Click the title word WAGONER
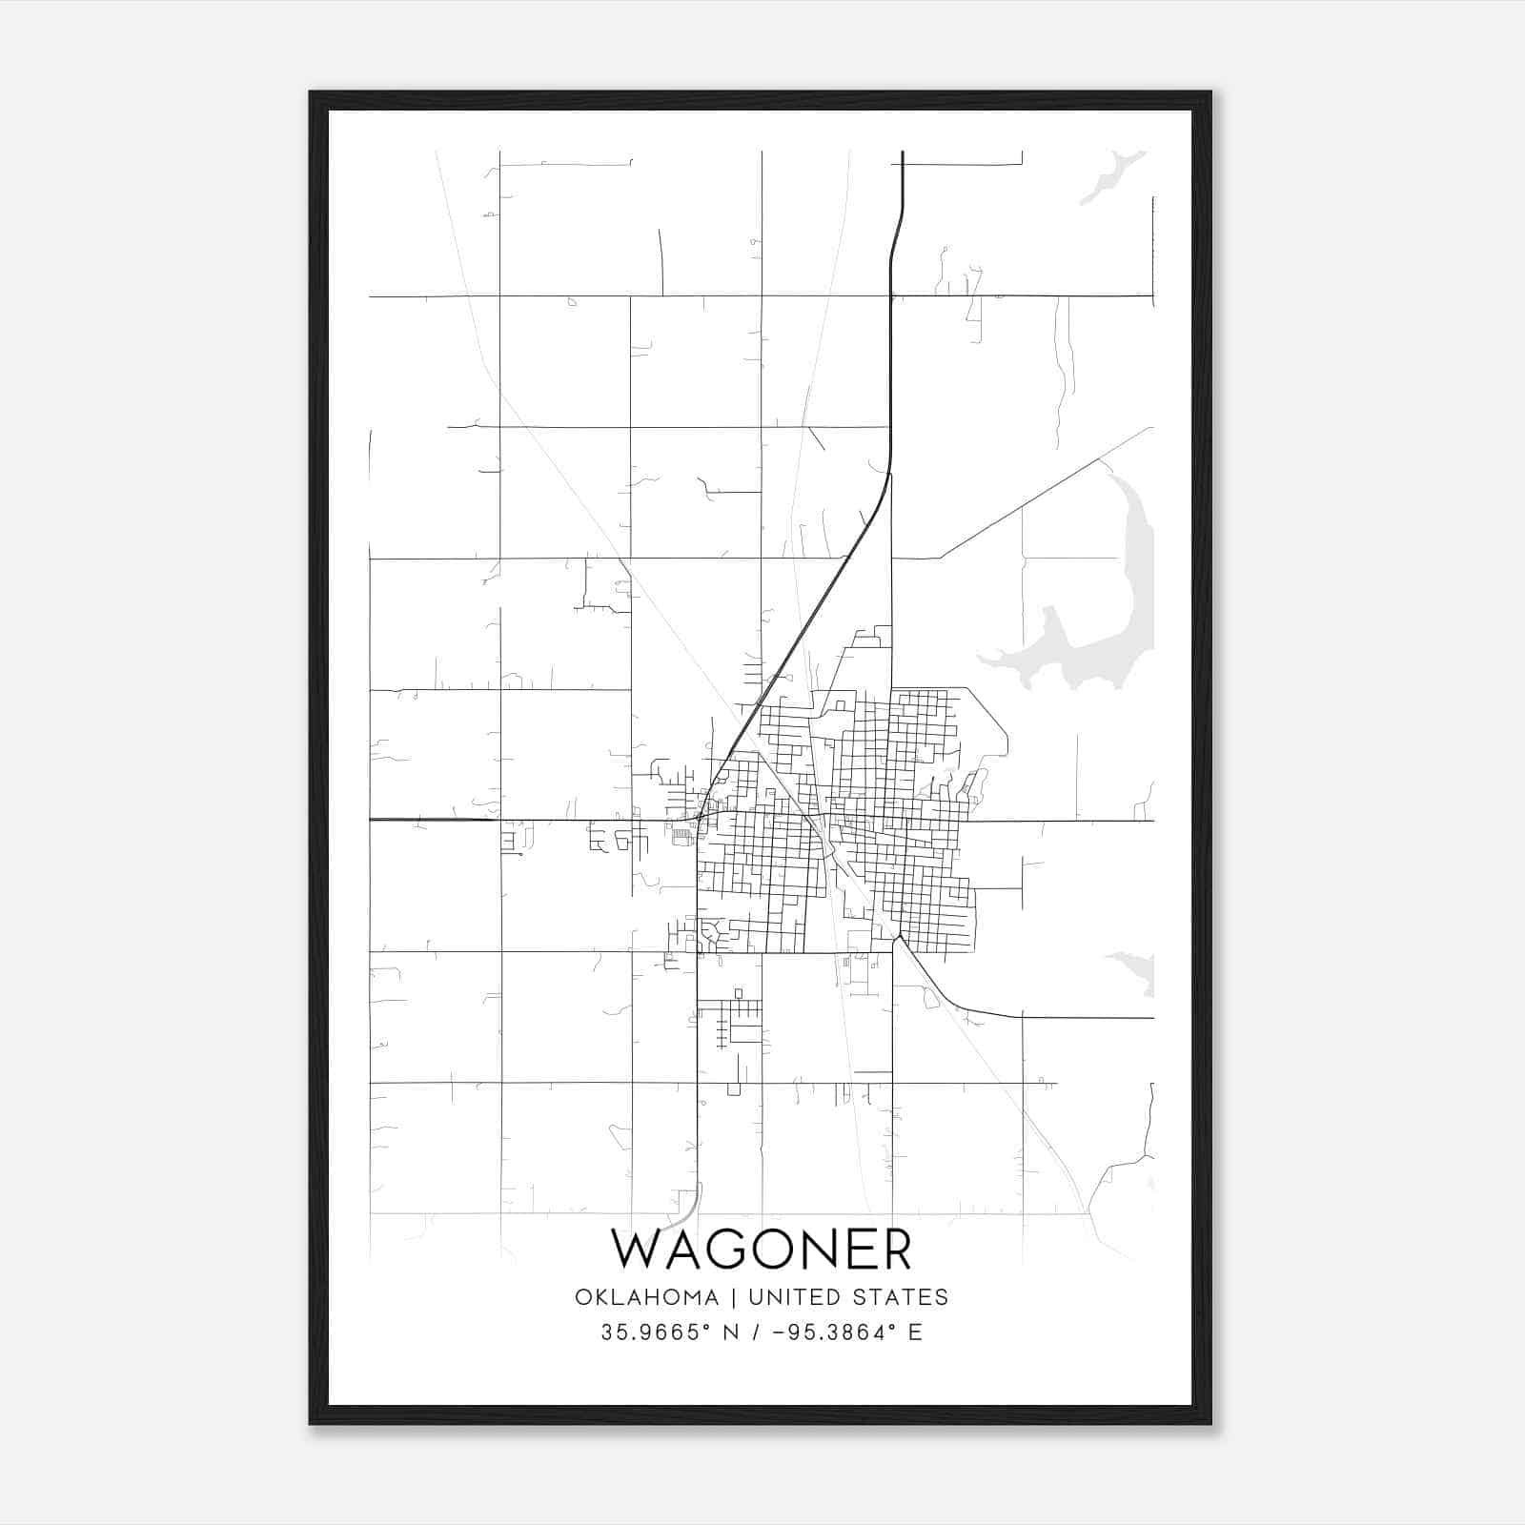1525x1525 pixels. (x=761, y=1250)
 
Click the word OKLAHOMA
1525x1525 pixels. (x=646, y=1297)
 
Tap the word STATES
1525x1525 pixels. (x=900, y=1297)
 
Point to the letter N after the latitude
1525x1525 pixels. (x=732, y=1332)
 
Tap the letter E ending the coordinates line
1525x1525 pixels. (x=915, y=1332)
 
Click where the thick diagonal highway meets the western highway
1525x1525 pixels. (x=701, y=818)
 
